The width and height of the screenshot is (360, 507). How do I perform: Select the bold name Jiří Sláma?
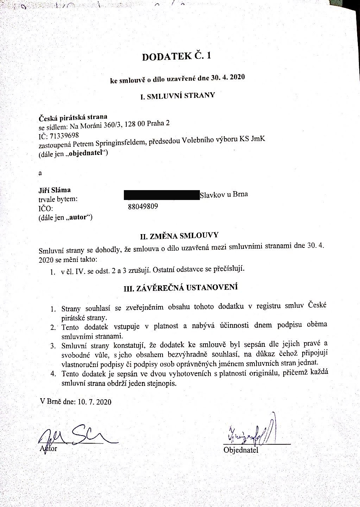[55, 190]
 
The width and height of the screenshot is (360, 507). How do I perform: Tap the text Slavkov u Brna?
[223, 194]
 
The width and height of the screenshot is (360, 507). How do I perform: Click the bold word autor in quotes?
[80, 217]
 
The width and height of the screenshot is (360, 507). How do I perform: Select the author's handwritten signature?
[76, 437]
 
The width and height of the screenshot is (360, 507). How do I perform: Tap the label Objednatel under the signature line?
[241, 450]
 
